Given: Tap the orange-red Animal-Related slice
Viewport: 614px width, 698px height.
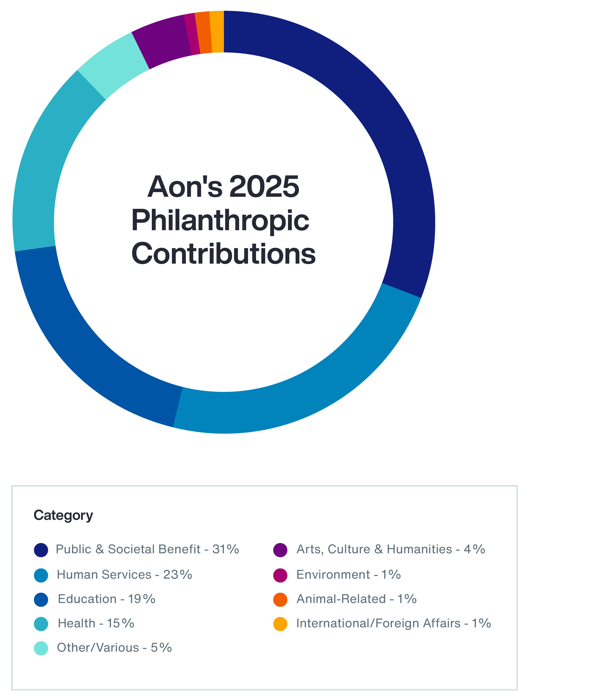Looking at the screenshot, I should [204, 32].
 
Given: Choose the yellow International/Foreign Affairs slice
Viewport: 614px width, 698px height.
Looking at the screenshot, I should [217, 31].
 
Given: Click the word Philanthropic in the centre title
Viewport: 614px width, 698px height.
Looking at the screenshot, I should [220, 221].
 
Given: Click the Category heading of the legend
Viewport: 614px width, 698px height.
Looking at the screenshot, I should [63, 515].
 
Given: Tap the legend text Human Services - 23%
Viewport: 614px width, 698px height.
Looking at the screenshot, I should [124, 575].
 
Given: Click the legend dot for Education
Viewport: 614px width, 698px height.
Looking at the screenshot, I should [41, 600].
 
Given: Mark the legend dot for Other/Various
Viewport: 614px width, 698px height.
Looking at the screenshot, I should [41, 648].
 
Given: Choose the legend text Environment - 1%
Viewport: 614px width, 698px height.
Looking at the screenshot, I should [348, 575].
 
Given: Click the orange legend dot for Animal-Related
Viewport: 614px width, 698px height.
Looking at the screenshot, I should [280, 600].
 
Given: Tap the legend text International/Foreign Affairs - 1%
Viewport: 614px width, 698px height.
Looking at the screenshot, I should [393, 624].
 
